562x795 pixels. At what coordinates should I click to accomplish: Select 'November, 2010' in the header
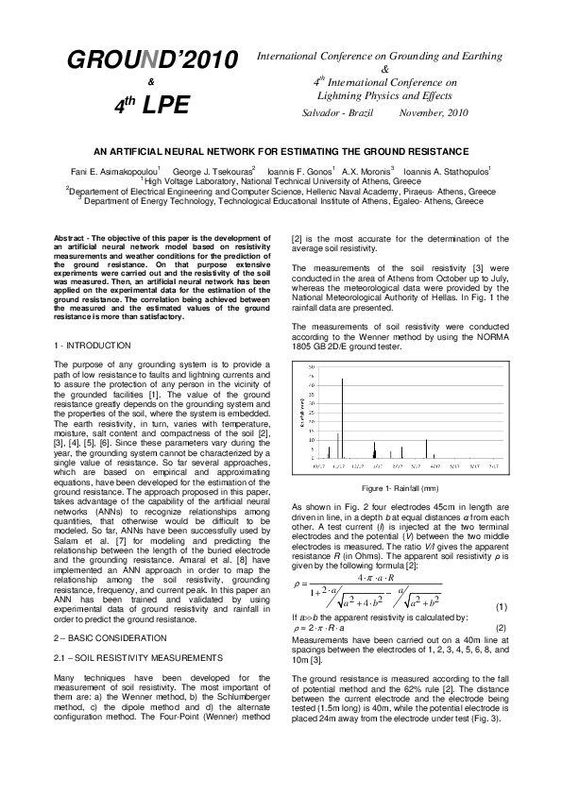(x=434, y=113)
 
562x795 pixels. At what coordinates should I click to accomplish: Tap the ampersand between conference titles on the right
(x=383, y=69)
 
